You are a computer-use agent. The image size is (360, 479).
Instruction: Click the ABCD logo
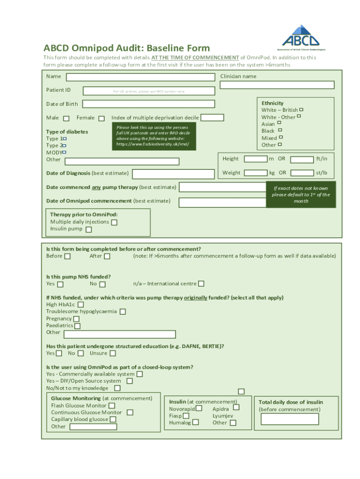(301, 36)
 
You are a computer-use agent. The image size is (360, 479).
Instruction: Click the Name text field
(141, 77)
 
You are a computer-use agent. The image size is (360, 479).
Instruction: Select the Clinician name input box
(277, 85)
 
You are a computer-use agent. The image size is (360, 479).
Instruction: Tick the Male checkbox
(66, 119)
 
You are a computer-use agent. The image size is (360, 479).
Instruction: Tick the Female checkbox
(101, 119)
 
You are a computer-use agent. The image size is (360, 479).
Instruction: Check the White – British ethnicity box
(301, 109)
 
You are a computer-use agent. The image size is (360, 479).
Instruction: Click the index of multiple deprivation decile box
(212, 118)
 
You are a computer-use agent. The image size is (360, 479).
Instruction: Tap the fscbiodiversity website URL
(152, 144)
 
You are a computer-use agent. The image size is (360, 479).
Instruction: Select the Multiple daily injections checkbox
(114, 223)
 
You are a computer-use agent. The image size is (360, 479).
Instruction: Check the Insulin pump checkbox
(89, 230)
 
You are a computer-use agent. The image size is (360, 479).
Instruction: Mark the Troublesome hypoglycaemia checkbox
(122, 312)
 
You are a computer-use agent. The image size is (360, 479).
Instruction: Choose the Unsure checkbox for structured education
(113, 354)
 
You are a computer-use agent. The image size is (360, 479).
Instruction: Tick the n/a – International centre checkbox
(201, 283)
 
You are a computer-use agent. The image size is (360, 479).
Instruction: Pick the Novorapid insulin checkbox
(199, 408)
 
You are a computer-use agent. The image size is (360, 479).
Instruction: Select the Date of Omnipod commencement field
(223, 203)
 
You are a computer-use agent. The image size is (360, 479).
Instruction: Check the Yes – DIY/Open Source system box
(130, 381)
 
